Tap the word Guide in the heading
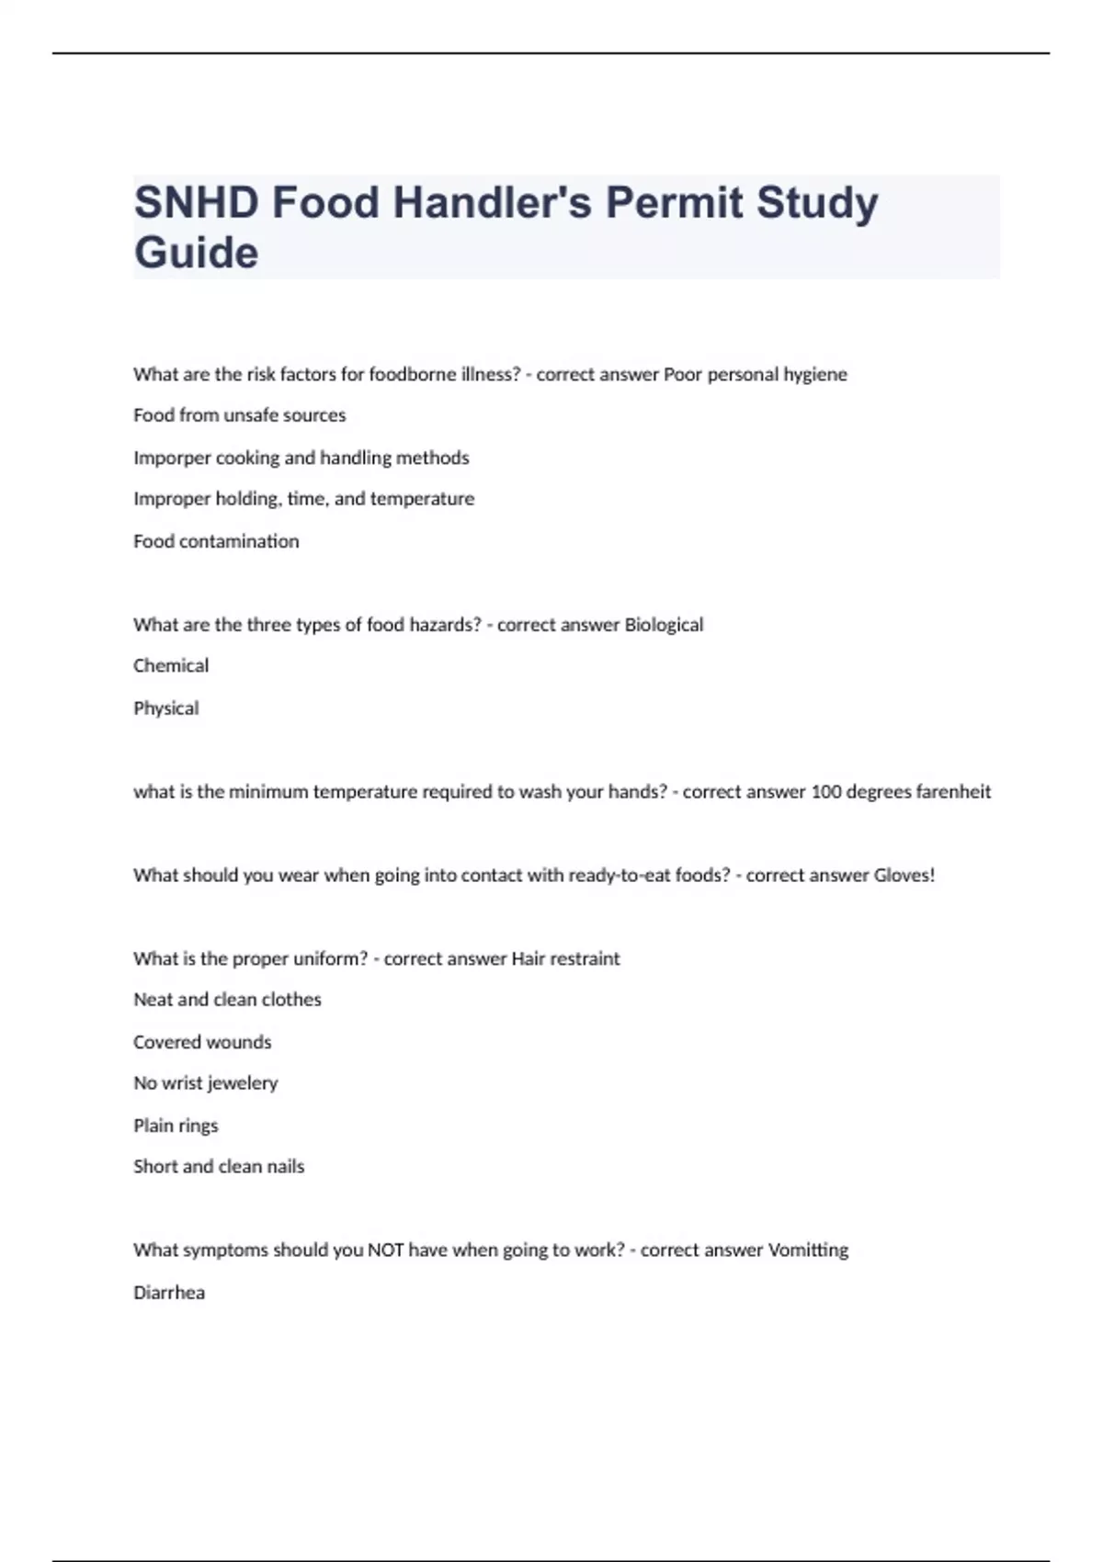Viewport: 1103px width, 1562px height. point(196,253)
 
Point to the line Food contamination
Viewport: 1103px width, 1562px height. point(216,541)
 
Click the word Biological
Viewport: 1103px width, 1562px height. point(664,625)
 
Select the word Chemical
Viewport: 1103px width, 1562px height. point(171,665)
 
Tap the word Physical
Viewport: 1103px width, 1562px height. point(165,707)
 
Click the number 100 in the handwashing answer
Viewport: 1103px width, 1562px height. point(825,791)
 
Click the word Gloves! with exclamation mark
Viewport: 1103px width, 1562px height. point(904,875)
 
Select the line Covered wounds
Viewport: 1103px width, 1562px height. point(202,1042)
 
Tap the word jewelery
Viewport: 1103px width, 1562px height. point(243,1083)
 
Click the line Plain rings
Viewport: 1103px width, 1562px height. point(176,1126)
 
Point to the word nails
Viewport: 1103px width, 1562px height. point(285,1166)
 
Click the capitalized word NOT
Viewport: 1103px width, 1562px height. point(385,1250)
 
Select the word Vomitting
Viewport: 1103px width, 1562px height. point(808,1250)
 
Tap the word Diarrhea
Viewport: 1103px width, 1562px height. point(169,1292)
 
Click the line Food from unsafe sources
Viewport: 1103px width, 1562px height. point(239,415)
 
